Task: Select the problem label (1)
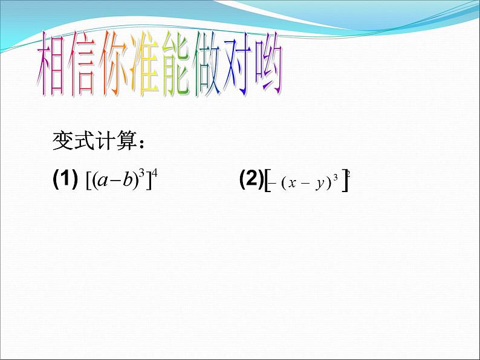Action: click(66, 179)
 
